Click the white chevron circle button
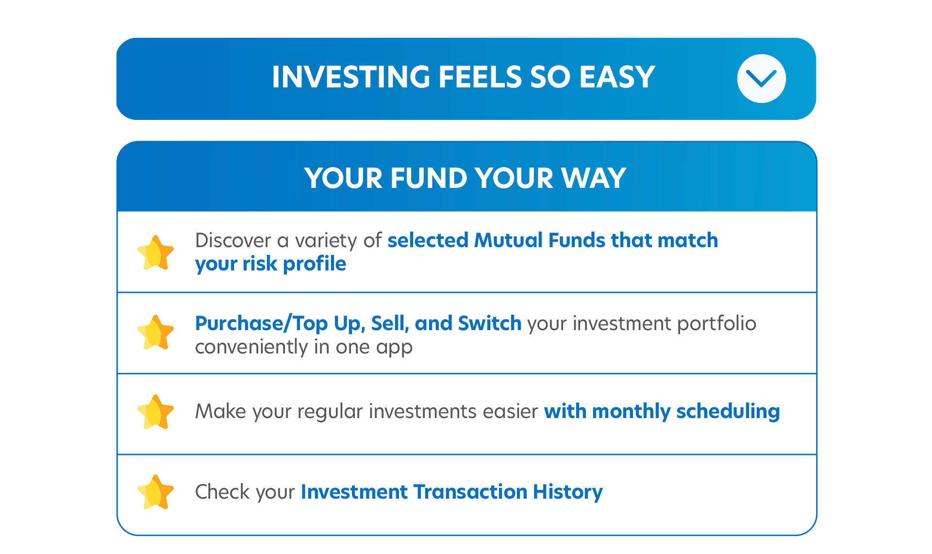coord(761,79)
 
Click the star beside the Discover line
coord(155,252)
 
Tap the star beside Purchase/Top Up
coord(155,333)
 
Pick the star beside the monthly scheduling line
coord(155,412)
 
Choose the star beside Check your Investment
coord(155,492)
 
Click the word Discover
coord(233,240)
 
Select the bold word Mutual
coord(508,240)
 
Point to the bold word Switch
coord(490,323)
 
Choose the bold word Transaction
coord(470,492)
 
